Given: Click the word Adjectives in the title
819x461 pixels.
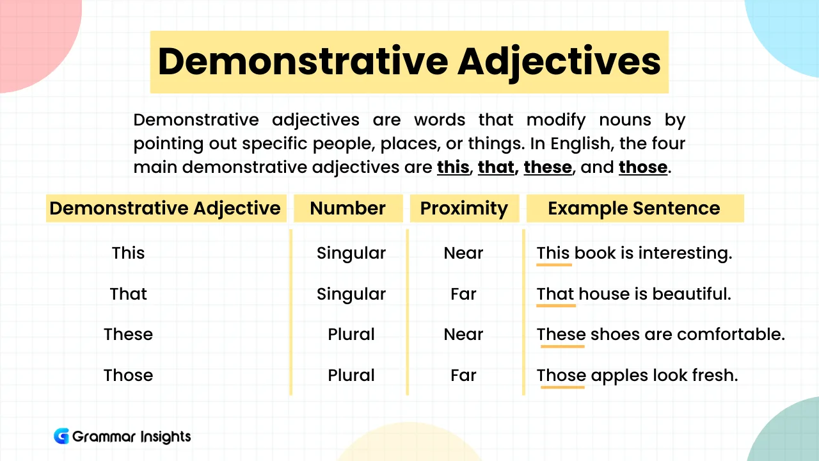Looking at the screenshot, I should pyautogui.click(x=559, y=62).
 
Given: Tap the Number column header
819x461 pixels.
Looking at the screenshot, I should pyautogui.click(x=347, y=208).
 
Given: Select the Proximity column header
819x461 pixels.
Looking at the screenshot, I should pyautogui.click(x=463, y=208).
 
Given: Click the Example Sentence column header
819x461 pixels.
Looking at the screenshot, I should pyautogui.click(x=633, y=208).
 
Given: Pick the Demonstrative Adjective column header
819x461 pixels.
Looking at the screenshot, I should pyautogui.click(x=164, y=208).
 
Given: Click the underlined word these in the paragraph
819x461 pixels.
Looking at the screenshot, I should pyautogui.click(x=547, y=167).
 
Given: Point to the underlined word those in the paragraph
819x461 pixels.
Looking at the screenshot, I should pyautogui.click(x=643, y=167).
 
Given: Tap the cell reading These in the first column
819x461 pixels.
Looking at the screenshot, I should pyautogui.click(x=128, y=334).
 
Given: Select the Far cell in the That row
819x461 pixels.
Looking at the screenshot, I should pyautogui.click(x=463, y=294).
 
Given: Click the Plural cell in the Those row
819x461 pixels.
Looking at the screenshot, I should pyautogui.click(x=351, y=375).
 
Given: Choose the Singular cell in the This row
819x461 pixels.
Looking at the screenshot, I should pyautogui.click(x=351, y=253).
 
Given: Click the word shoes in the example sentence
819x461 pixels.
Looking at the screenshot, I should pyautogui.click(x=612, y=334).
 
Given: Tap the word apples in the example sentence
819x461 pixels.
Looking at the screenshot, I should pyautogui.click(x=619, y=375).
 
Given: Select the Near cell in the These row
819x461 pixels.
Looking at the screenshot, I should pyautogui.click(x=463, y=334).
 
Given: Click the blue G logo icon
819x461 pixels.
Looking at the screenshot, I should pyautogui.click(x=61, y=437).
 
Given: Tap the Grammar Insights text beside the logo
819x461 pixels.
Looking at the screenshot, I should pyautogui.click(x=131, y=437).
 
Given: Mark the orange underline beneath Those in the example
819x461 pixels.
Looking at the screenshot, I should pyautogui.click(x=562, y=387).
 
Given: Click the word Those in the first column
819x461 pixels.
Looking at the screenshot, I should pyautogui.click(x=128, y=375).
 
